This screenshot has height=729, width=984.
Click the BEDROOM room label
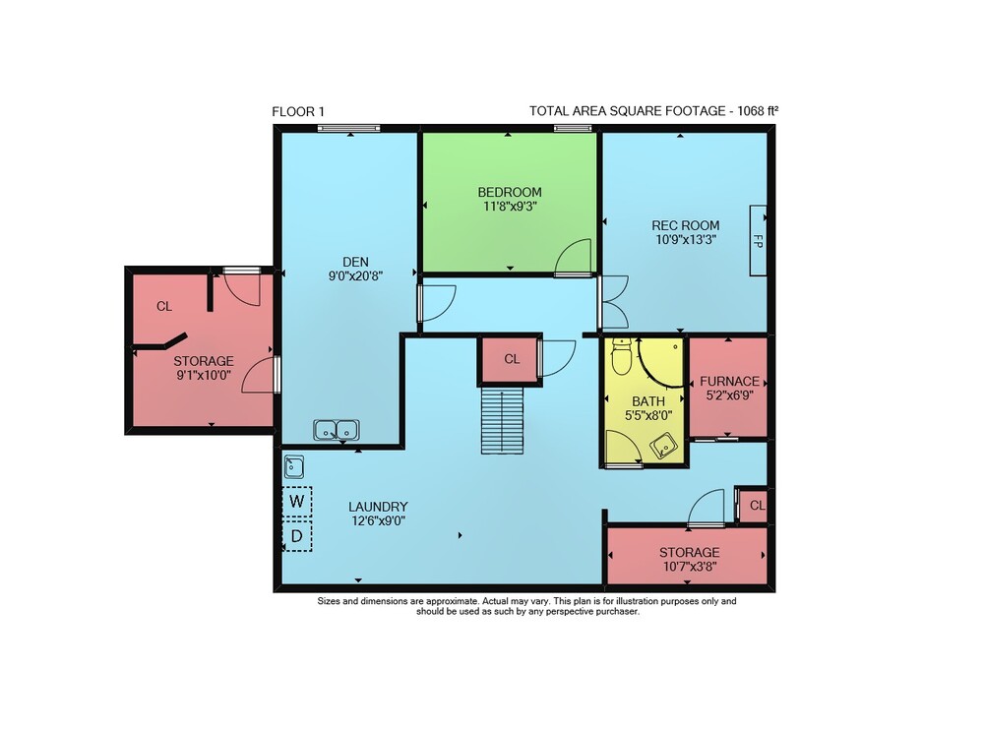[510, 192]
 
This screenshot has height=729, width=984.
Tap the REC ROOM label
[685, 225]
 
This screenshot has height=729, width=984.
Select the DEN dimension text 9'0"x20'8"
[356, 275]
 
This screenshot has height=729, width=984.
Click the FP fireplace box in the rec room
[758, 240]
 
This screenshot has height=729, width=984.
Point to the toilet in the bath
[621, 356]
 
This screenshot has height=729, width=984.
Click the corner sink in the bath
[662, 446]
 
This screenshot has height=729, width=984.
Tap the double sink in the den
[337, 430]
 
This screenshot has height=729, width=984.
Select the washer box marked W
[297, 502]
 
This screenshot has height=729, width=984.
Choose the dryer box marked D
[297, 536]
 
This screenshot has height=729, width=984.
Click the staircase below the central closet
[502, 420]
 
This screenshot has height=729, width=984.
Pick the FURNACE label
[729, 381]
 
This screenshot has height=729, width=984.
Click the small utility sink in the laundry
[293, 466]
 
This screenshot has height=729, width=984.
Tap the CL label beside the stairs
[512, 359]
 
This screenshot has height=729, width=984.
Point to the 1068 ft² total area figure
[758, 111]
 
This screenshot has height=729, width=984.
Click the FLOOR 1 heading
[298, 112]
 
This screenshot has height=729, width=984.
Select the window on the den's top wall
[349, 129]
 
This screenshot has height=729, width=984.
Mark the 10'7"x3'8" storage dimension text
[690, 567]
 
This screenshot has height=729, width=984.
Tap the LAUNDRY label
[379, 507]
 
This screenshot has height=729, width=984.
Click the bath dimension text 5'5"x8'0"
[648, 415]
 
